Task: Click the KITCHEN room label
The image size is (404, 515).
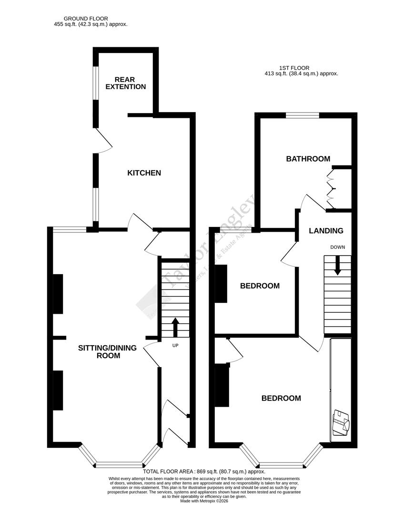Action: point(143,173)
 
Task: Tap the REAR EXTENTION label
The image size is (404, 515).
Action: point(126,83)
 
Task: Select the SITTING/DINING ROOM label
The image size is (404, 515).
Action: point(107,351)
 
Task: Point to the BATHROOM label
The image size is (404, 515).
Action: point(308,159)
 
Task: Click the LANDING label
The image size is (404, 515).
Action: point(326,231)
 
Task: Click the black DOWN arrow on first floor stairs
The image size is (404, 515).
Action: point(337,265)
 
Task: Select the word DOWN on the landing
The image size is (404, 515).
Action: point(337,247)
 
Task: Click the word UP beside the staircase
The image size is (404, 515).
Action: point(175,345)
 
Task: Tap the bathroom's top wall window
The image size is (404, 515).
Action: point(302,115)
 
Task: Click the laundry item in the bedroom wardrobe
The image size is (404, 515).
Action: point(341,422)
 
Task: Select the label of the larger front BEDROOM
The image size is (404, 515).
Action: point(281,398)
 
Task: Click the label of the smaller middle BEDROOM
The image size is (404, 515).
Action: point(260,286)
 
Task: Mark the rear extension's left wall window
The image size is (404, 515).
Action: point(95,82)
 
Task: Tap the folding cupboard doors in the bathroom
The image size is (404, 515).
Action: point(330,189)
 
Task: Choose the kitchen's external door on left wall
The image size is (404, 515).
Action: point(101,141)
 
